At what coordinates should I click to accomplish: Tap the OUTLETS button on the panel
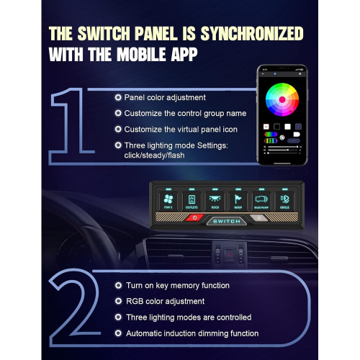(x=192, y=200)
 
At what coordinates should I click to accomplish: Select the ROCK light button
(x=215, y=200)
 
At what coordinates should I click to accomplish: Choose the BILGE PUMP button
(x=261, y=200)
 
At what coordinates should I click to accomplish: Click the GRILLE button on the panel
(x=283, y=200)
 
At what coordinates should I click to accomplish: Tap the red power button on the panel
(x=194, y=218)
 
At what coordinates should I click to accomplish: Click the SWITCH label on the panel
(x=227, y=222)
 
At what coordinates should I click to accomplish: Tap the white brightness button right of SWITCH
(x=260, y=218)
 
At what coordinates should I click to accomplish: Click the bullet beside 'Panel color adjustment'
(x=117, y=97)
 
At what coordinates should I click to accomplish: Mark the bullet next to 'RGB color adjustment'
(x=117, y=301)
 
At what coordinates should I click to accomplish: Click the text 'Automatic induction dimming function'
(x=192, y=333)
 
